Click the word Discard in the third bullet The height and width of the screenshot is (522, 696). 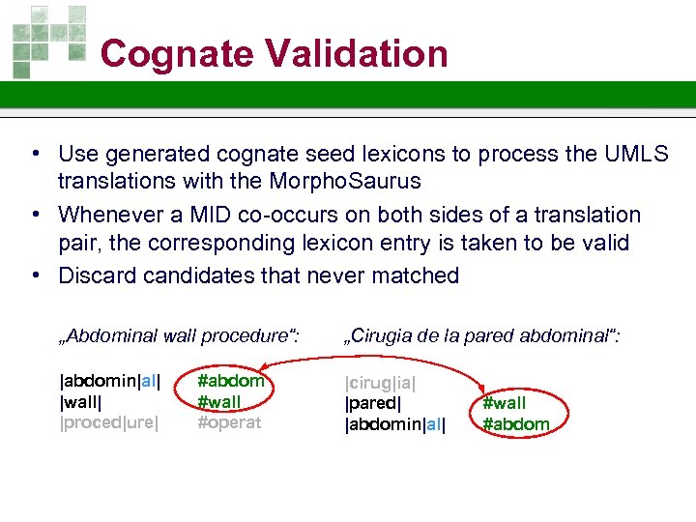click(x=97, y=275)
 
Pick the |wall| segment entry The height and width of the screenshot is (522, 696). click(x=81, y=402)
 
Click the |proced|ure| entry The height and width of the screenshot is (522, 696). click(x=109, y=422)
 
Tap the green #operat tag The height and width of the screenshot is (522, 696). click(x=229, y=422)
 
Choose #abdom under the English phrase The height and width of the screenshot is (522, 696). click(x=231, y=381)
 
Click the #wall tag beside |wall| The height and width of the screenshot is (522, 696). click(x=219, y=402)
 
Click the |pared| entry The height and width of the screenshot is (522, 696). click(x=373, y=402)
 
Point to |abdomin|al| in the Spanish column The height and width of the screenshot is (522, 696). click(x=395, y=423)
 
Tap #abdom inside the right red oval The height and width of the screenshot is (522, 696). click(x=516, y=423)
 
